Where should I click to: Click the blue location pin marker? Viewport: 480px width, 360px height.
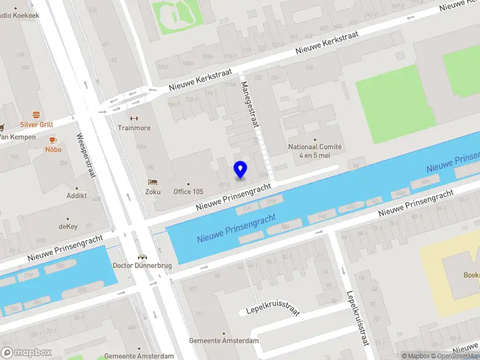coord(241,169)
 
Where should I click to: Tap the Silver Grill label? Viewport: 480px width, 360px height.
coord(37,124)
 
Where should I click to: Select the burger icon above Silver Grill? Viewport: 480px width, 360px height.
coord(37,114)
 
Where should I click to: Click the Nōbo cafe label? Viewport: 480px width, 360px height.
coord(53,149)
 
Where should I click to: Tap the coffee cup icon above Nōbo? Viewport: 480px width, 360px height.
coord(53,139)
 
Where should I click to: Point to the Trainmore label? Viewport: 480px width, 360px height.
coord(134,128)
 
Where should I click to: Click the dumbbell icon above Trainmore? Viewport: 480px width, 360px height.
coord(134,118)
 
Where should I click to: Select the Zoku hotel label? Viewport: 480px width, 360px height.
coord(152,192)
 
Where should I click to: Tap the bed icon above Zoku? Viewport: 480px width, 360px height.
coord(152,182)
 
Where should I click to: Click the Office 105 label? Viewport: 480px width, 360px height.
coord(188,192)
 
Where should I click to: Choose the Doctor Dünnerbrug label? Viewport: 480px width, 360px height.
coord(142,265)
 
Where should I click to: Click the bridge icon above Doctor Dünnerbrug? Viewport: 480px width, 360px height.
coord(142,255)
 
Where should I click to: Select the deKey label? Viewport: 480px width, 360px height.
coord(68,227)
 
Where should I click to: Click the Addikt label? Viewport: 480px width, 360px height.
coord(77,196)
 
